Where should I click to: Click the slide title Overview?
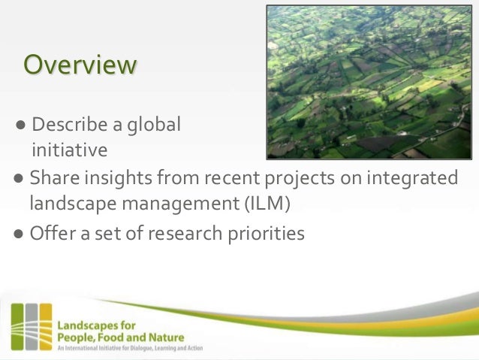(x=80, y=65)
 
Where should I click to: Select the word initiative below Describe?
(x=69, y=150)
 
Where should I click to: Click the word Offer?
(x=52, y=234)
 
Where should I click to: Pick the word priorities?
(x=264, y=234)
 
